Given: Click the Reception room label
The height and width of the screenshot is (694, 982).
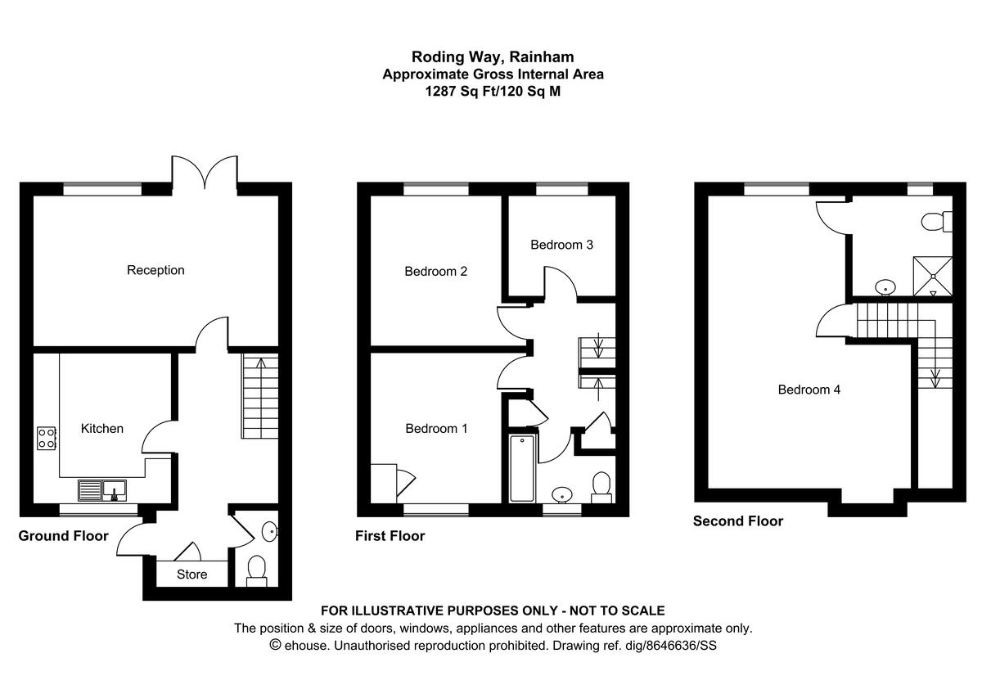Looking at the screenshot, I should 155,270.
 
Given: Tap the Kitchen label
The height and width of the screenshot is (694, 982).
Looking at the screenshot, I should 102,428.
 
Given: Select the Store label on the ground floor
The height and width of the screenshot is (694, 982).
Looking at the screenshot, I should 192,575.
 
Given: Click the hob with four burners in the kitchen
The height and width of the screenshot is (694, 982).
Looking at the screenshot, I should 46,438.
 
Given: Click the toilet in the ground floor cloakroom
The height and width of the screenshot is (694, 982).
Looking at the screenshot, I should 257,570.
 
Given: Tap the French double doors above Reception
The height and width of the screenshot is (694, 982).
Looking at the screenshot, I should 205,172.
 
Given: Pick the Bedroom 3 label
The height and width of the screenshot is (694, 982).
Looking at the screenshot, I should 561,245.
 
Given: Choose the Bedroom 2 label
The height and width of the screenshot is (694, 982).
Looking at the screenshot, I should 436,271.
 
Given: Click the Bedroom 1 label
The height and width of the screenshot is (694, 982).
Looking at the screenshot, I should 437,428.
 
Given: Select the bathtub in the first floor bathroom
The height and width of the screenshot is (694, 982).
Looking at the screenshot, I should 522,468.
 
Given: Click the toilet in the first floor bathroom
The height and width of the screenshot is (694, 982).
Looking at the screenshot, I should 602,484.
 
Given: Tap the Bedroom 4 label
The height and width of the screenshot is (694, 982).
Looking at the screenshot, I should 809,390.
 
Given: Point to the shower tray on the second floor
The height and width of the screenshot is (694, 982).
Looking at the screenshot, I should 933,275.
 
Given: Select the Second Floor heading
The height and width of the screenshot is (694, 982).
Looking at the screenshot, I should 738,521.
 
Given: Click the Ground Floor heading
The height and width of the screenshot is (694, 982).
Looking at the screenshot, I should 64,537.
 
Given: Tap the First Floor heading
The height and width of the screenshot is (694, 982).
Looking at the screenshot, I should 390,537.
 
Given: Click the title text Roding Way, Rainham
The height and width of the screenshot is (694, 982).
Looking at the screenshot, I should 493,57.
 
